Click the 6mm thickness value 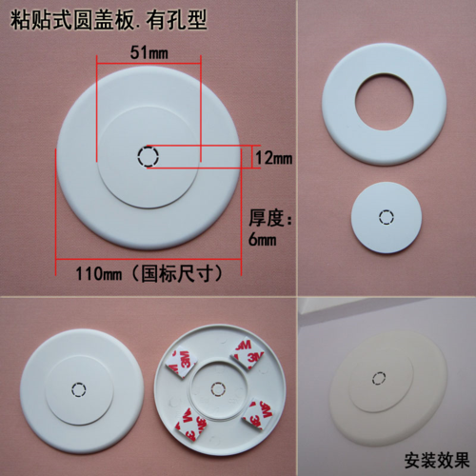pyautogui.click(x=263, y=241)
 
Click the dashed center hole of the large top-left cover pyautogui.click(x=148, y=157)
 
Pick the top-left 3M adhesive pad pyautogui.click(x=181, y=359)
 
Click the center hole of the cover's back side pyautogui.click(x=220, y=387)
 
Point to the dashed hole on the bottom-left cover pyautogui.click(x=80, y=389)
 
